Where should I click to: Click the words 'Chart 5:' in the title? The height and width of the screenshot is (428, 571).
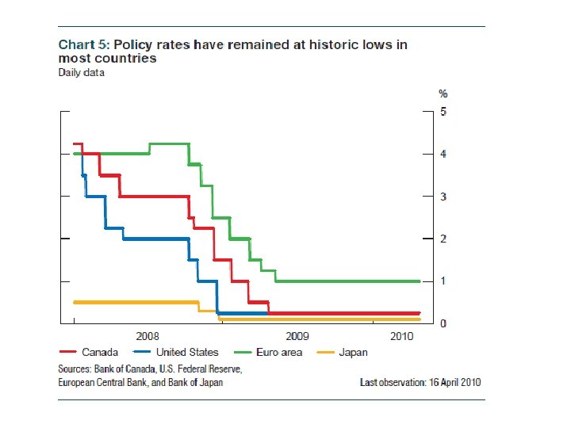[82, 44]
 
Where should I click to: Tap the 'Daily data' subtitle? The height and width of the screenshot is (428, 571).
[82, 73]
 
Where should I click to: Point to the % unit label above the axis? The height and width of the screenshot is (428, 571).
[443, 94]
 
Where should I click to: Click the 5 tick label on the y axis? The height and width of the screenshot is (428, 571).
[444, 111]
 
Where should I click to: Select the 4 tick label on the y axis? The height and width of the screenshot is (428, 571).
[444, 154]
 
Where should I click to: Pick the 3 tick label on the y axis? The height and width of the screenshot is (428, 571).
[444, 197]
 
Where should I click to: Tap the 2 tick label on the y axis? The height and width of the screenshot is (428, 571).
[444, 239]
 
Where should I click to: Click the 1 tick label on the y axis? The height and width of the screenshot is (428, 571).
[444, 281]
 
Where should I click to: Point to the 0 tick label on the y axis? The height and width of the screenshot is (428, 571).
[444, 324]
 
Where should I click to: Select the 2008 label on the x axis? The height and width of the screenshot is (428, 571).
[147, 336]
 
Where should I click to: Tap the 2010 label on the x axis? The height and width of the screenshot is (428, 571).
[402, 336]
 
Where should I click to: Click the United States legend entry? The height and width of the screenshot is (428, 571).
[187, 353]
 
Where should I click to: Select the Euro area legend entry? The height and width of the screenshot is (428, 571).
[279, 353]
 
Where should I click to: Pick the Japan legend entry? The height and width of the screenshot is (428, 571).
[353, 353]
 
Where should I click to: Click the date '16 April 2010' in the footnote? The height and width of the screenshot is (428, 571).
[453, 382]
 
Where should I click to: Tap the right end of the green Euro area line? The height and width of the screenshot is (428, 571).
[420, 281]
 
